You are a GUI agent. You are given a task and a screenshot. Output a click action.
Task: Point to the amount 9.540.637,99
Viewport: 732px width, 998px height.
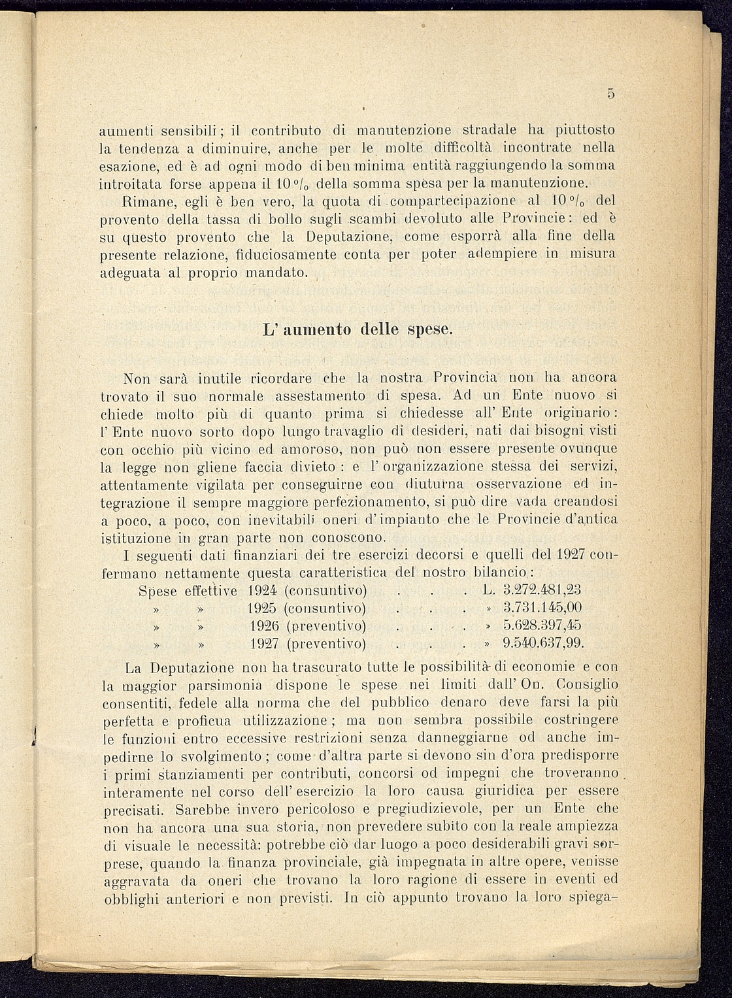543,643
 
